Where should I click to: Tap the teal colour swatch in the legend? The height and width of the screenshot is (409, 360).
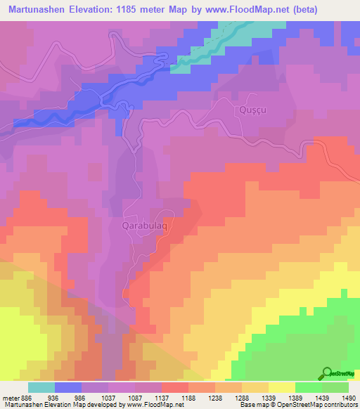41,387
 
